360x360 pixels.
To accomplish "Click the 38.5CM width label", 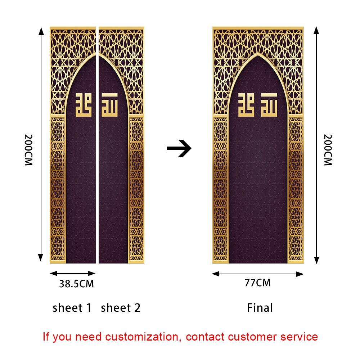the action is click(x=76, y=284).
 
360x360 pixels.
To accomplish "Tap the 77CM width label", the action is click(x=257, y=283).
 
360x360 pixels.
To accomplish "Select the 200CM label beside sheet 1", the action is click(x=29, y=150).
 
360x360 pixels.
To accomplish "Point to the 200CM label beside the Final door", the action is click(x=328, y=150).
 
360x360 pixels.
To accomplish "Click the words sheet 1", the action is click(x=72, y=308).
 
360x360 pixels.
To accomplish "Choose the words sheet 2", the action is click(x=121, y=308).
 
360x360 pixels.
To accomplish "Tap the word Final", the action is click(x=260, y=308).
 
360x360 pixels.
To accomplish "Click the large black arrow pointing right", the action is click(x=179, y=148).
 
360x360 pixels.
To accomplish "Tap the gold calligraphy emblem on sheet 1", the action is click(x=84, y=105).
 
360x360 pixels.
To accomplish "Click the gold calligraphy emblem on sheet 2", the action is click(x=109, y=105).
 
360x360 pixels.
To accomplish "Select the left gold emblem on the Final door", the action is click(x=247, y=105).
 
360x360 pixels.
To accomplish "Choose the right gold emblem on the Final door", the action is click(x=269, y=105).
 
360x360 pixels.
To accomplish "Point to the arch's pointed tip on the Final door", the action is click(x=258, y=54).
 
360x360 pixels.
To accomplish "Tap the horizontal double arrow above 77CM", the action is click(x=258, y=274).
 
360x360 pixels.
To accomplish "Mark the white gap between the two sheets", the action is click(x=97, y=162).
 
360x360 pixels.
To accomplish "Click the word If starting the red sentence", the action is click(x=46, y=337).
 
